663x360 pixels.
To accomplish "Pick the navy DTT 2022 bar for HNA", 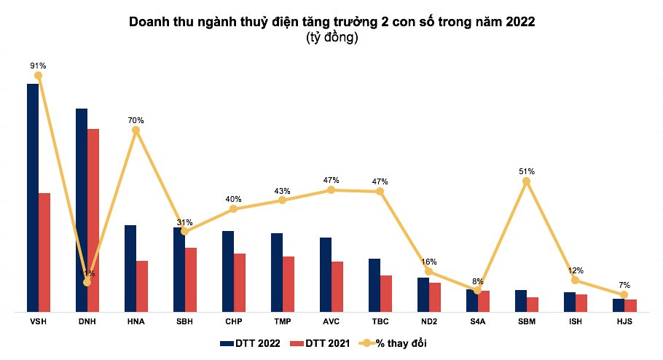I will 130,269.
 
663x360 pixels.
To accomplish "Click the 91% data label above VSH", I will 38,65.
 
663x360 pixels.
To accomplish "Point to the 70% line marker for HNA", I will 136,130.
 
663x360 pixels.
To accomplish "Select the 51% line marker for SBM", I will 527,181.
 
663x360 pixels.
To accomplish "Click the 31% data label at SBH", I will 184,222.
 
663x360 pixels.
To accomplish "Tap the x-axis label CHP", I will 233,321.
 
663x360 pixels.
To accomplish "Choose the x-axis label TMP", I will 282,321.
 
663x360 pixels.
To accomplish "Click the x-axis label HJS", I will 624,321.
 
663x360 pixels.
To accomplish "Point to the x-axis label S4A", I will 477,321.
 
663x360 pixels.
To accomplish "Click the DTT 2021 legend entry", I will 320,343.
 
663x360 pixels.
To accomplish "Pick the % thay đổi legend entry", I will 397,343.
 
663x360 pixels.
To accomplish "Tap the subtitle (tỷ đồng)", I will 331,38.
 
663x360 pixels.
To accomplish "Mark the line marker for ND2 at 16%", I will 428,271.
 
